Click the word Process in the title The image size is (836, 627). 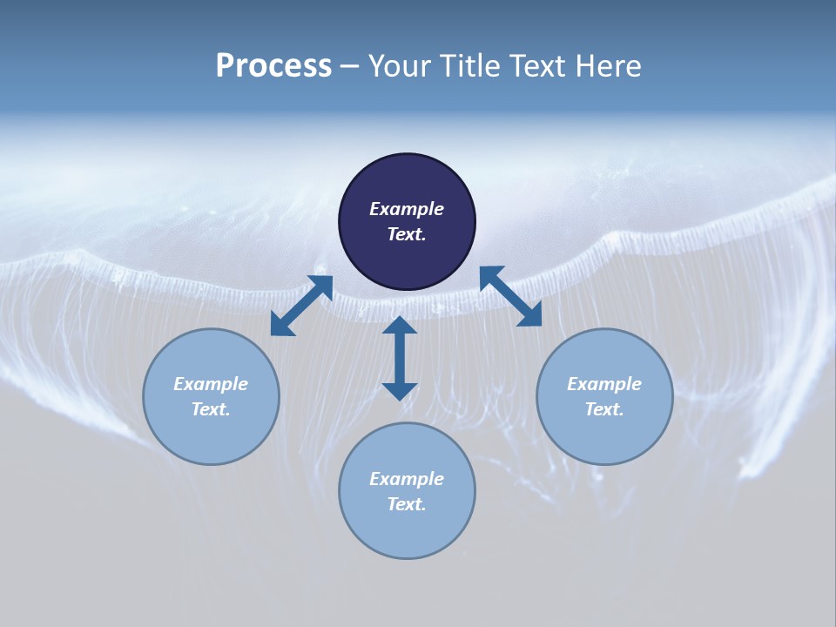pos(273,66)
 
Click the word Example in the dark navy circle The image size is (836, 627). pos(407,209)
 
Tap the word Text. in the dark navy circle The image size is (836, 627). pos(407,234)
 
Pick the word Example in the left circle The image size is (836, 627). pos(211,384)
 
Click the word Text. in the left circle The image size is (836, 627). pos(211,409)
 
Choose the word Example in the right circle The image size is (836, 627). pos(604,384)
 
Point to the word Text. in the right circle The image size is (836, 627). pos(604,409)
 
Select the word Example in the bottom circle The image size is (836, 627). pos(407,479)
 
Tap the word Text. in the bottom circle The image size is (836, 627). pos(407,504)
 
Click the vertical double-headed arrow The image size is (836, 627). pos(400,358)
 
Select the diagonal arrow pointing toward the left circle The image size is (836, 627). pos(301,306)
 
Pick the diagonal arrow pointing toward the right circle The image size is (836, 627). pos(510,296)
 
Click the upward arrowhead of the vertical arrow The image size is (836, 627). pos(400,325)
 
